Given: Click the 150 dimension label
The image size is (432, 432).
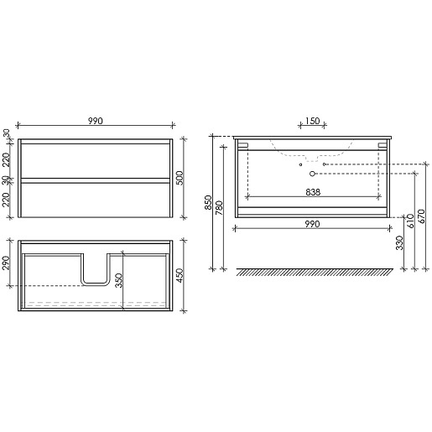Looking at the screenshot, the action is click(312, 121).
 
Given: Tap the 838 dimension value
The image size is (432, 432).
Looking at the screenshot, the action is click(313, 192).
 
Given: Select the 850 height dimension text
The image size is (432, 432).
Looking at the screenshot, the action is click(209, 202).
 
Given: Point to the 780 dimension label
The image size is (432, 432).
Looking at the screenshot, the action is click(219, 208).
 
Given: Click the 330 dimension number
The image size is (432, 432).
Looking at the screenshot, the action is click(400, 242).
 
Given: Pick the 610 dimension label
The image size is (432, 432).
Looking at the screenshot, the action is click(410, 221).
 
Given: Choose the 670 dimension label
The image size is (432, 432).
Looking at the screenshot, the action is click(422, 216).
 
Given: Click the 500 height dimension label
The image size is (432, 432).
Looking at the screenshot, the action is click(180, 178).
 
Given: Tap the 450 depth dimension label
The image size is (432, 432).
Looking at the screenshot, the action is click(180, 275).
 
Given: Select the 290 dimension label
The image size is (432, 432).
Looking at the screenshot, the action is click(6, 263).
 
